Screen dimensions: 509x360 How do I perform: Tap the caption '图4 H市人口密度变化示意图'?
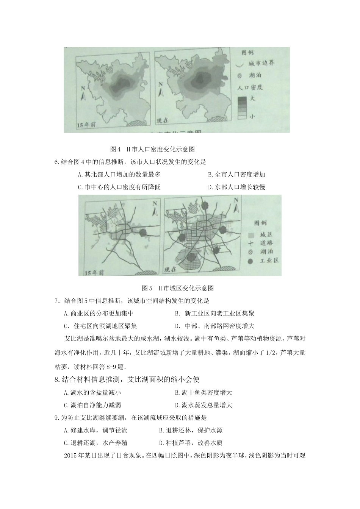point(152,149)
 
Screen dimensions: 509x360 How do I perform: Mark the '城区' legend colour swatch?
point(250,235)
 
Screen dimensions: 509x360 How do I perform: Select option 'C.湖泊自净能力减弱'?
point(93,405)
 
